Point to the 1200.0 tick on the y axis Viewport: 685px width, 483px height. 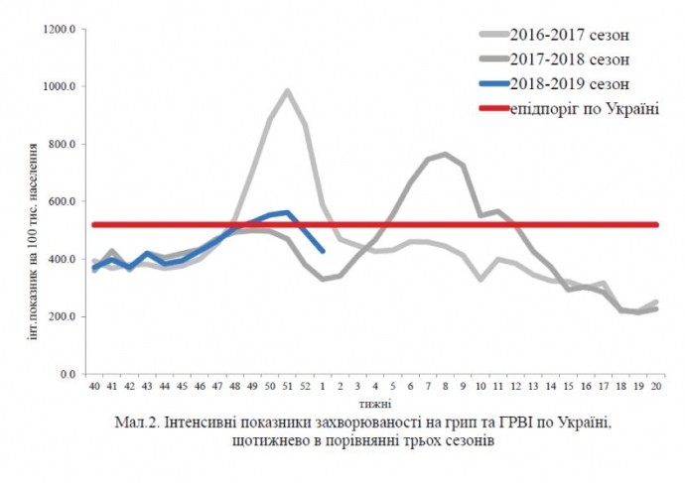coord(61,30)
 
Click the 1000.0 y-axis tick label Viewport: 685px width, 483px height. coord(61,87)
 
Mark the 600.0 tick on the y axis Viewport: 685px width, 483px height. coord(63,202)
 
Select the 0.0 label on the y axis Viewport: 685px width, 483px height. coord(68,375)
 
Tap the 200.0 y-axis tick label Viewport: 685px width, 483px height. coord(63,317)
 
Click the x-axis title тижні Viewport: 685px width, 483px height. coord(376,404)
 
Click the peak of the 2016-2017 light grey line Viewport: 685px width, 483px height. coord(288,91)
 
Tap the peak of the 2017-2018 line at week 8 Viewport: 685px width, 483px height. coord(446,154)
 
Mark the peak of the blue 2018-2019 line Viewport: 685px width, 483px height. coord(288,212)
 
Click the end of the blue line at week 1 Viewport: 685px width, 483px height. coord(324,252)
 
